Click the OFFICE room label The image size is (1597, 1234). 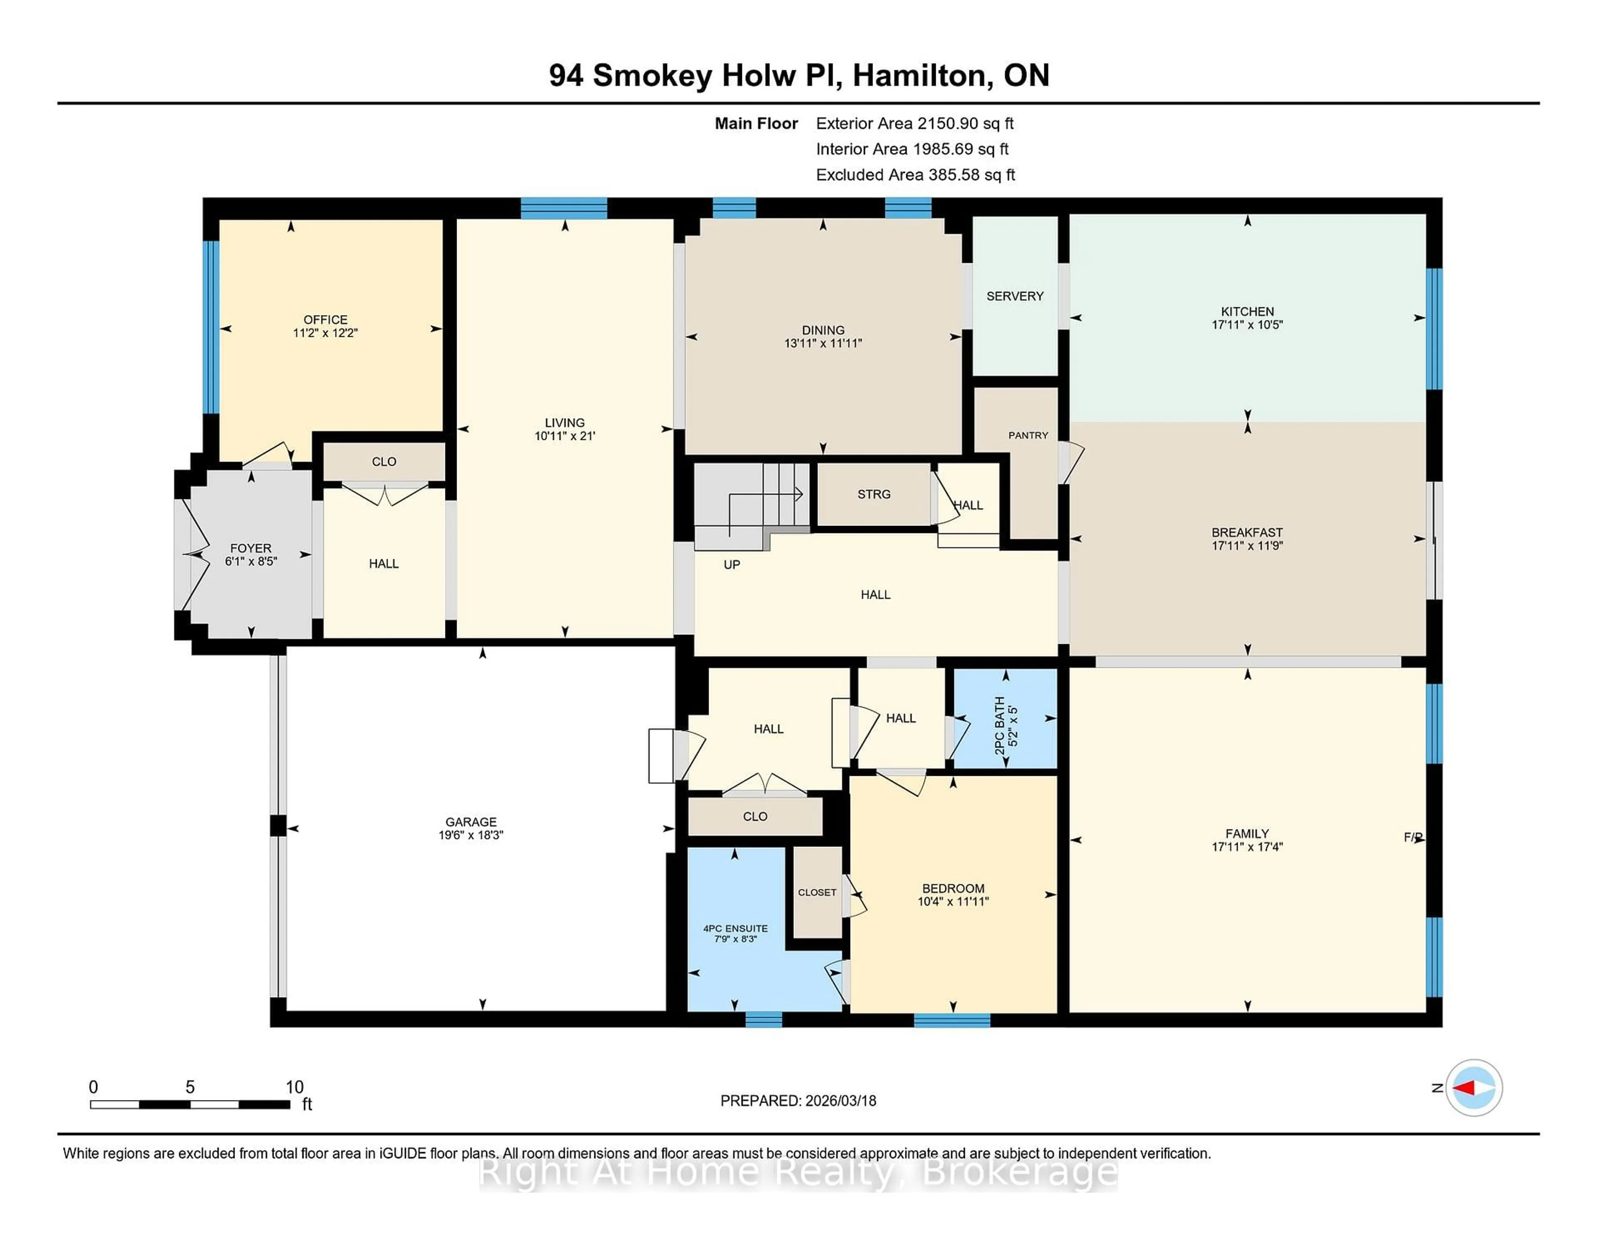[325, 319]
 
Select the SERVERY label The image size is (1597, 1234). [1014, 296]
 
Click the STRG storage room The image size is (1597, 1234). [874, 494]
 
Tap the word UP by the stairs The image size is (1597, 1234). [731, 564]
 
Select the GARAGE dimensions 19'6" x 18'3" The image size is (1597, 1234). [471, 835]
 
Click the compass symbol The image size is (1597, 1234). [1473, 1087]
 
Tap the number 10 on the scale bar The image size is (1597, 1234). [294, 1087]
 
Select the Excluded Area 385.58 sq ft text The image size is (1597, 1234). [915, 175]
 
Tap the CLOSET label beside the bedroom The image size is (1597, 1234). [817, 893]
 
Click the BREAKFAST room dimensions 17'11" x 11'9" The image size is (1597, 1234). [1247, 545]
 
